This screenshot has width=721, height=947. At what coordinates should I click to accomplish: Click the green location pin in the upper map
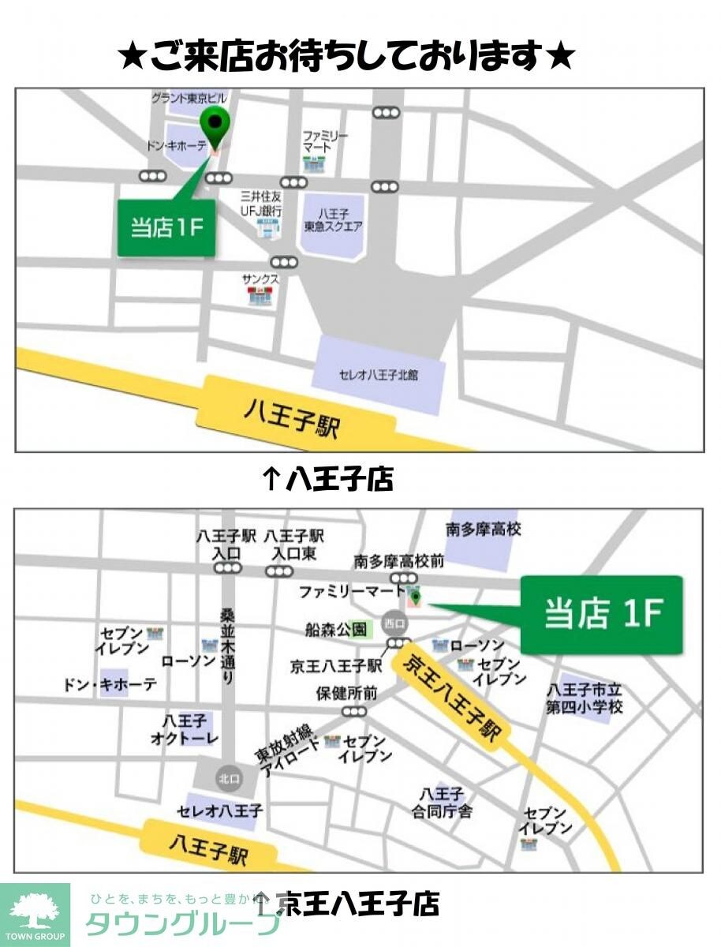point(214,125)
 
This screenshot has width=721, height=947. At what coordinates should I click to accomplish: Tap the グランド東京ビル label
point(189,99)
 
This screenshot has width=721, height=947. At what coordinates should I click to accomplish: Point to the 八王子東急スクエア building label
point(334,219)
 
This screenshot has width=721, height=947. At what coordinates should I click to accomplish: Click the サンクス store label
point(260,279)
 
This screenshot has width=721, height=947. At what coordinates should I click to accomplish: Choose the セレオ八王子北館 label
point(378,374)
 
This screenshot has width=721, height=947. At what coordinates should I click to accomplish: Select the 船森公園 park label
point(337,629)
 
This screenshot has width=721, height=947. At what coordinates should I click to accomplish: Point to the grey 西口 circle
point(394,622)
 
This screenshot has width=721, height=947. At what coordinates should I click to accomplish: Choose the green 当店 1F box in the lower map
point(601,615)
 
